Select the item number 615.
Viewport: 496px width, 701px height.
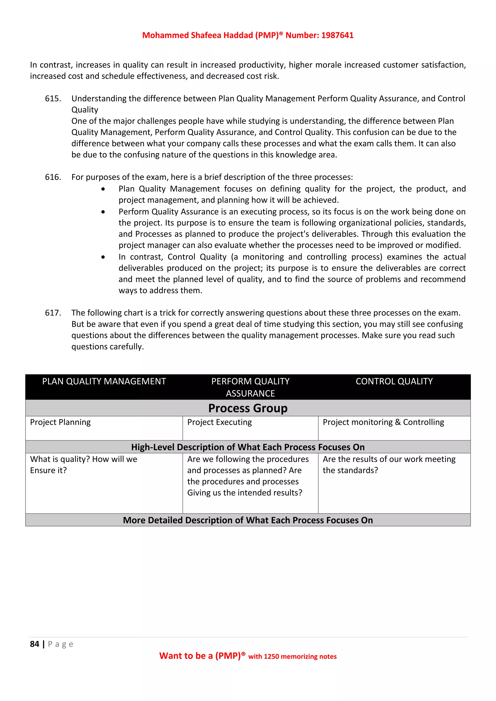[53, 99]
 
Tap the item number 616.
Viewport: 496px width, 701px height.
[53, 177]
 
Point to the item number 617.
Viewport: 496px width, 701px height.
[53, 313]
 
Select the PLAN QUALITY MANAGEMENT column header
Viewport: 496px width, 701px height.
[104, 381]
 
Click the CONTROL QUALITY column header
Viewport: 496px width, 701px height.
[394, 381]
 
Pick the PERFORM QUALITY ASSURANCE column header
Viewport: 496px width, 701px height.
[250, 387]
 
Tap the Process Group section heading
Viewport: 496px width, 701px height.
[248, 408]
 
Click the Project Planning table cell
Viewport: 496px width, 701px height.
[61, 422]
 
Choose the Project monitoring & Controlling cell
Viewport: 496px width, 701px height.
[383, 422]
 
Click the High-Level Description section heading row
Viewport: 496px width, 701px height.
[248, 447]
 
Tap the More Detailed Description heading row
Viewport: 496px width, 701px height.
[248, 520]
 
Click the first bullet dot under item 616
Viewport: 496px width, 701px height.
[103, 189]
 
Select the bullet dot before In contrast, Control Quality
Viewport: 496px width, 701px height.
[103, 257]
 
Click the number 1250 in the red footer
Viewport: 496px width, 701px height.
[271, 657]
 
